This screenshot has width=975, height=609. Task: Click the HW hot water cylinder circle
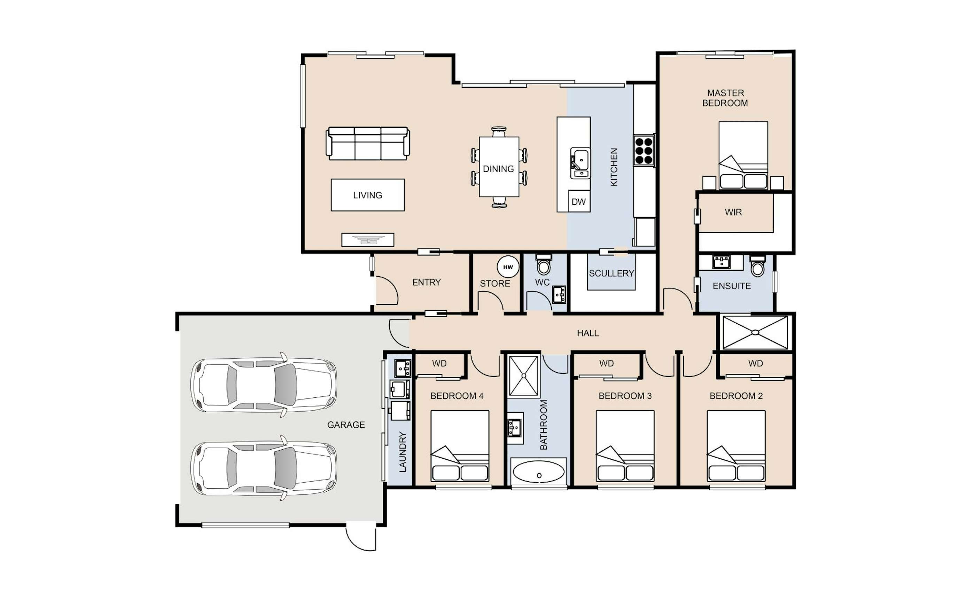[x=508, y=267]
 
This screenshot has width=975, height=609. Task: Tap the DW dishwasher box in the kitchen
[x=579, y=201]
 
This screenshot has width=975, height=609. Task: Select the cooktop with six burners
[x=644, y=151]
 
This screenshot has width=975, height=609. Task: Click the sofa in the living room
[x=368, y=143]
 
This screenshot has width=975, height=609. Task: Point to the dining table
[x=499, y=167]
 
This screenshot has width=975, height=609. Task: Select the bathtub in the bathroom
[x=539, y=472]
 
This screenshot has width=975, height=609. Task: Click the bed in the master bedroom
[x=743, y=155]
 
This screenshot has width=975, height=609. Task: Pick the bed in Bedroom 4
[x=460, y=446]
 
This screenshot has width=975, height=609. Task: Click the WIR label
[x=733, y=212]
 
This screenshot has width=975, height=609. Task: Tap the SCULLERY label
[x=611, y=273]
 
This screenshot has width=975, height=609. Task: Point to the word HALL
[x=588, y=333]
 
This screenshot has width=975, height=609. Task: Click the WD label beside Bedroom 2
[x=755, y=363]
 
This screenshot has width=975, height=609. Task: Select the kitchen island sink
[x=580, y=163]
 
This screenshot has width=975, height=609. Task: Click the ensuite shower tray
[x=755, y=332]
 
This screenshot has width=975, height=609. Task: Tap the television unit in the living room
[x=368, y=240]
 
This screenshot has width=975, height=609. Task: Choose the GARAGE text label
[x=346, y=425]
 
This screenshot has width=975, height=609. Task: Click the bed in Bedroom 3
[x=625, y=446]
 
